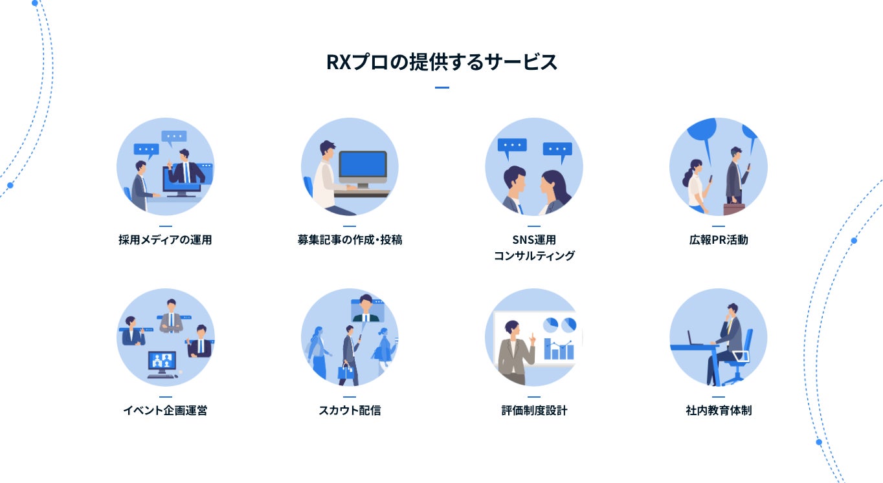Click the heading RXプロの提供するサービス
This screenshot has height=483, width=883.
441,63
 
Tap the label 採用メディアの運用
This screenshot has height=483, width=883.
165,240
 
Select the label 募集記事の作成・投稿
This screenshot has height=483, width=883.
350,240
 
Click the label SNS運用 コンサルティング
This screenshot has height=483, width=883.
534,248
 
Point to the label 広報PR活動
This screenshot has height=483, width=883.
719,240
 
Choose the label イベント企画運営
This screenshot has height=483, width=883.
165,411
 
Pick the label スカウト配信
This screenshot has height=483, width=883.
350,411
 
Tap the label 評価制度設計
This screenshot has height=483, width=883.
534,411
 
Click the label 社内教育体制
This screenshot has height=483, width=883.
719,411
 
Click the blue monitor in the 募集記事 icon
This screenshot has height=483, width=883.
363,166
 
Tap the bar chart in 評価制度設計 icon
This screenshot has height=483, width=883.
559,349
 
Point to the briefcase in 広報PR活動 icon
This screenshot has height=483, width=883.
734,209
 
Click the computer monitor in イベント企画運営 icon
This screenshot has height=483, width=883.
162,361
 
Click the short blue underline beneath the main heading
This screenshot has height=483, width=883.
442,87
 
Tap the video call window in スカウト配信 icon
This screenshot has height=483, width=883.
367,310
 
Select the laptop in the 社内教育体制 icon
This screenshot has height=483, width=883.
695,339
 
